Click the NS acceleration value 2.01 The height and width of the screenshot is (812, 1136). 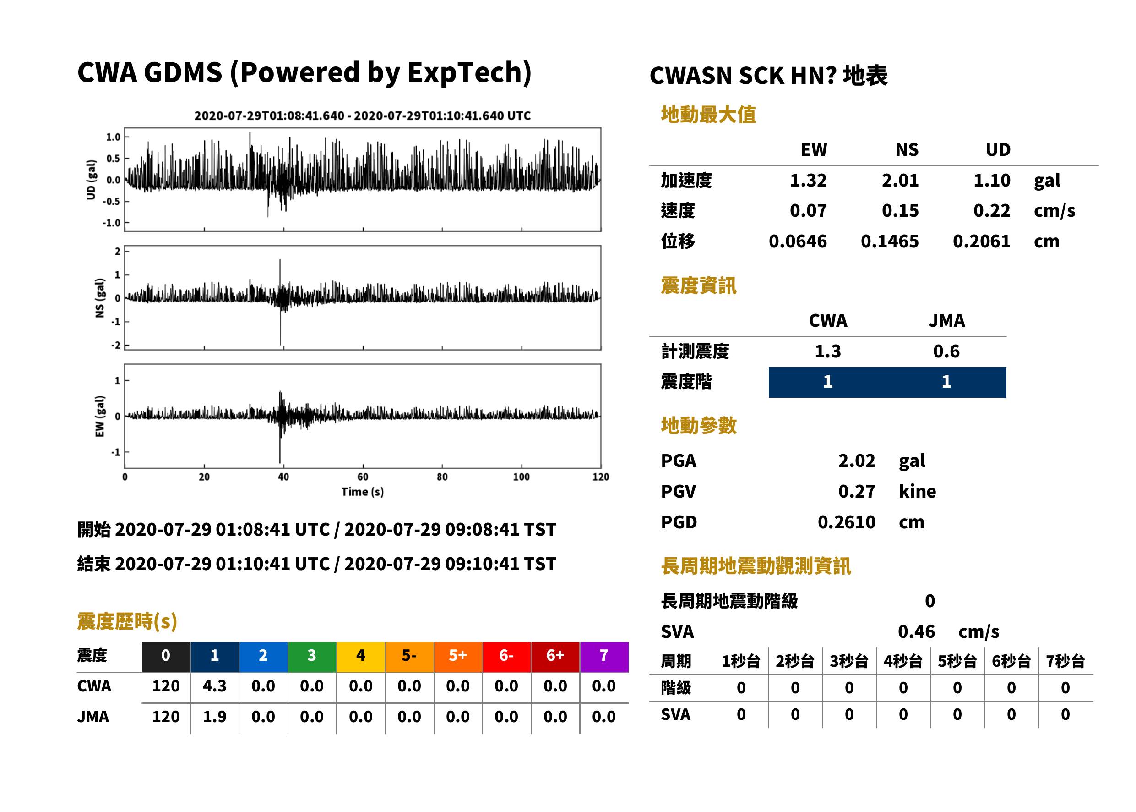click(x=900, y=180)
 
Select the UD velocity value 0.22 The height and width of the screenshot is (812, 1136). click(x=992, y=210)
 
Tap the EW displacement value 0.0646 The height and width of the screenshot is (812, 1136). click(x=798, y=241)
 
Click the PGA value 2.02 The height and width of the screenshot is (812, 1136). click(x=857, y=461)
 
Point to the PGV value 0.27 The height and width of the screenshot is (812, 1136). click(x=857, y=491)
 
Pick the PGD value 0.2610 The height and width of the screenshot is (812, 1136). click(x=847, y=522)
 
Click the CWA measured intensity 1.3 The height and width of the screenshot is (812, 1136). click(x=828, y=351)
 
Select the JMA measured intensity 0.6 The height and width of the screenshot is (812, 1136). click(x=946, y=351)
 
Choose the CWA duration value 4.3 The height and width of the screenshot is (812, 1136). click(x=214, y=686)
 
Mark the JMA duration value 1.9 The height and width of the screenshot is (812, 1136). click(x=214, y=717)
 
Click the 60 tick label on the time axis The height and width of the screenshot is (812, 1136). click(x=363, y=477)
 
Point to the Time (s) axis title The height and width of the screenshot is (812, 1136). click(x=363, y=492)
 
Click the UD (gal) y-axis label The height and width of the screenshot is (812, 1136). click(x=91, y=180)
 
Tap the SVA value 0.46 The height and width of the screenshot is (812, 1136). click(x=916, y=631)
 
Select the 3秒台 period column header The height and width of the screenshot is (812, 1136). click(x=849, y=661)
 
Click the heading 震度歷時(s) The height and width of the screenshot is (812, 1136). click(x=127, y=621)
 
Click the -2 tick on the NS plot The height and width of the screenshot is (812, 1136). click(x=116, y=346)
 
